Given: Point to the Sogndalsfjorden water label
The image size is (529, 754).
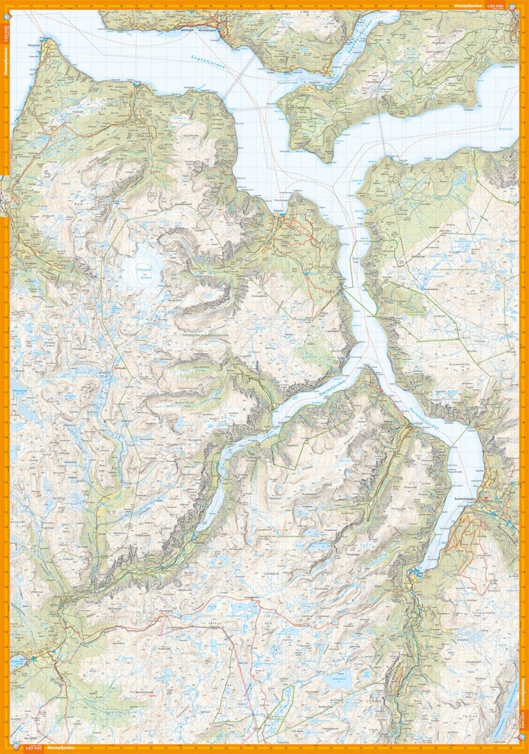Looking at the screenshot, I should point(356,37).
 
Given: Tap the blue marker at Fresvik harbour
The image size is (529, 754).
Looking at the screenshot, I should point(283,215).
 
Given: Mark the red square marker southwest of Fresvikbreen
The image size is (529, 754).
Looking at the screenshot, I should point(115,362).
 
